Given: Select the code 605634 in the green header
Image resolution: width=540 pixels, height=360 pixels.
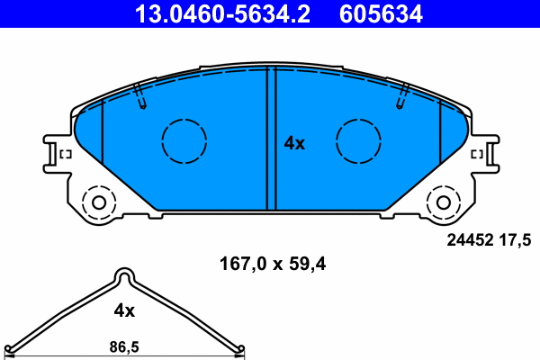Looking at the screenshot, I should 381,13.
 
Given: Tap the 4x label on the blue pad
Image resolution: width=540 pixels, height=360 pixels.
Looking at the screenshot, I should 295,143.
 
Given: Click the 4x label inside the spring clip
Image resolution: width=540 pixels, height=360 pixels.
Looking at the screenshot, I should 124,310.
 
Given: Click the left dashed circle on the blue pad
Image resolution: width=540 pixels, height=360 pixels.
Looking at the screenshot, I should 184,140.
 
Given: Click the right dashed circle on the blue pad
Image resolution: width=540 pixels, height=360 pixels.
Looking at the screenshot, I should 358,140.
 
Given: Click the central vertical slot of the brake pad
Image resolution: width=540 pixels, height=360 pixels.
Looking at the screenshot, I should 269,139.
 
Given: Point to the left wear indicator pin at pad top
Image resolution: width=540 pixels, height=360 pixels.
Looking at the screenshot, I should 139,96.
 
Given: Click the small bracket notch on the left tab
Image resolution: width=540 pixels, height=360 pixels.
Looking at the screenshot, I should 64,156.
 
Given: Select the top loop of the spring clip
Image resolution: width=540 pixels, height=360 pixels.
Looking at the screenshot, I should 125,276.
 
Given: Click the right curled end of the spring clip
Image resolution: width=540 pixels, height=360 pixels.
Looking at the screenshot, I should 239,349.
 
